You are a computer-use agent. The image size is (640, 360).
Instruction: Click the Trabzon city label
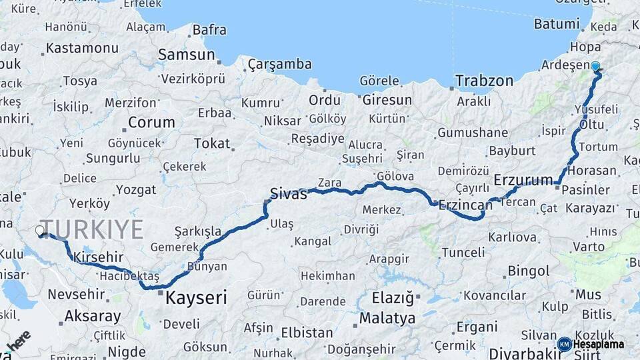[x=485, y=81]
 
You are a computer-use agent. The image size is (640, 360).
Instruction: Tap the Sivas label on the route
[x=288, y=194]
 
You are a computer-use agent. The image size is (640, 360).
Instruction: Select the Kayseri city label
[x=197, y=297]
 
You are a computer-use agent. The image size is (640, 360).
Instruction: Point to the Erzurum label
[x=523, y=180]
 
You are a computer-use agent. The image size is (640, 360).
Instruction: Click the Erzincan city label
[x=465, y=205]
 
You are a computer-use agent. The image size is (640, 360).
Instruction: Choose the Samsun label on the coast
[x=187, y=55]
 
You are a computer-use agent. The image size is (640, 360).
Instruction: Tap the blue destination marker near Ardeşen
[x=595, y=67]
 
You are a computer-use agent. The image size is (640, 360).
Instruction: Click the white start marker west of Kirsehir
[x=40, y=231]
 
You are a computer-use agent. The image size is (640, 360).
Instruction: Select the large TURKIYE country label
[x=91, y=229]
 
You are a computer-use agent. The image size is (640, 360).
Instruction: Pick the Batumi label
[x=557, y=24]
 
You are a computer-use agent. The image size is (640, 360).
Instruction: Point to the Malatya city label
[x=387, y=319]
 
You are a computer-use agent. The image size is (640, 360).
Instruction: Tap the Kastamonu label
[x=82, y=48]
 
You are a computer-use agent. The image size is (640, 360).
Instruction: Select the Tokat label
[x=211, y=143]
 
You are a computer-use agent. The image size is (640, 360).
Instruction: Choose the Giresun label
[x=387, y=100]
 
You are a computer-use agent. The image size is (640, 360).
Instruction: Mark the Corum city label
[x=151, y=123]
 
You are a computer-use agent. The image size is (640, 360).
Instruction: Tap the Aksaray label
[x=93, y=317]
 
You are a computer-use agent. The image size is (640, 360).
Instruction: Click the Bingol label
[x=529, y=271]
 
